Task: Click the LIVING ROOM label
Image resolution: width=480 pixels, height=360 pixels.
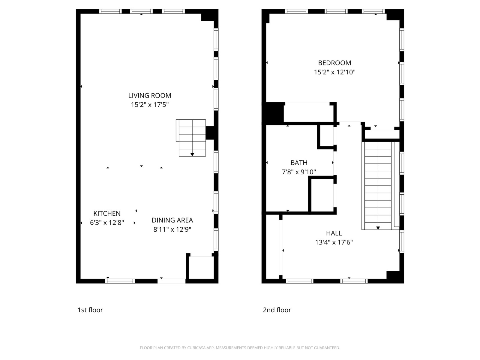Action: coord(150,95)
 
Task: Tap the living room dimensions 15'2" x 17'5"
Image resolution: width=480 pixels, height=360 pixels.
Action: coord(150,105)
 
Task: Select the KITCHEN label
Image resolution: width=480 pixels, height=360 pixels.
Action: coord(107,213)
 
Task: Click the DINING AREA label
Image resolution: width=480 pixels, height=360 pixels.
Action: coord(172,220)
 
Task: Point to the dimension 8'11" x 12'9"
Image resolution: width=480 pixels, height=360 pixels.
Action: coord(172,229)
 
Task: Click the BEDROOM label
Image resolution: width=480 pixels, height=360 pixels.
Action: coord(334,63)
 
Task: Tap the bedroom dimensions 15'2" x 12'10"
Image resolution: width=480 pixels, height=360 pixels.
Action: coord(334,72)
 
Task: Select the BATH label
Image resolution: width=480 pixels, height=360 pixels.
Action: coord(299,163)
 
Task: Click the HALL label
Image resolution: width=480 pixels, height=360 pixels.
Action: coord(334,233)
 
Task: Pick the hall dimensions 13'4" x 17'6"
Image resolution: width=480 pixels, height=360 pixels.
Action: coord(334,242)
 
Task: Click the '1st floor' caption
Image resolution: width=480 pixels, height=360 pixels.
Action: coord(90,310)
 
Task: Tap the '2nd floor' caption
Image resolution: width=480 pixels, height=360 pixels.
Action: coord(277,310)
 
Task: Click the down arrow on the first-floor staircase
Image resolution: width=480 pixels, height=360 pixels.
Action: coord(192,154)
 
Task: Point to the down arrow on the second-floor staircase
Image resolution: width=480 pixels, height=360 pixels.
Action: coord(378,228)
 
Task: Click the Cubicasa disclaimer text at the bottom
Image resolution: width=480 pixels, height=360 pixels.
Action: coord(240,348)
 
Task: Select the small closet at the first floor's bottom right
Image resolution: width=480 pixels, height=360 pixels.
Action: coord(200,268)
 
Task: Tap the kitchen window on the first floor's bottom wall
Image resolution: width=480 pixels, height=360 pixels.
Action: coord(120,281)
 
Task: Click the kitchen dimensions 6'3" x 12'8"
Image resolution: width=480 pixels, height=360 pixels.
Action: coord(107,223)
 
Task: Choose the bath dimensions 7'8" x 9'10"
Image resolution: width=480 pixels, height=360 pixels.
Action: coord(299,172)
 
